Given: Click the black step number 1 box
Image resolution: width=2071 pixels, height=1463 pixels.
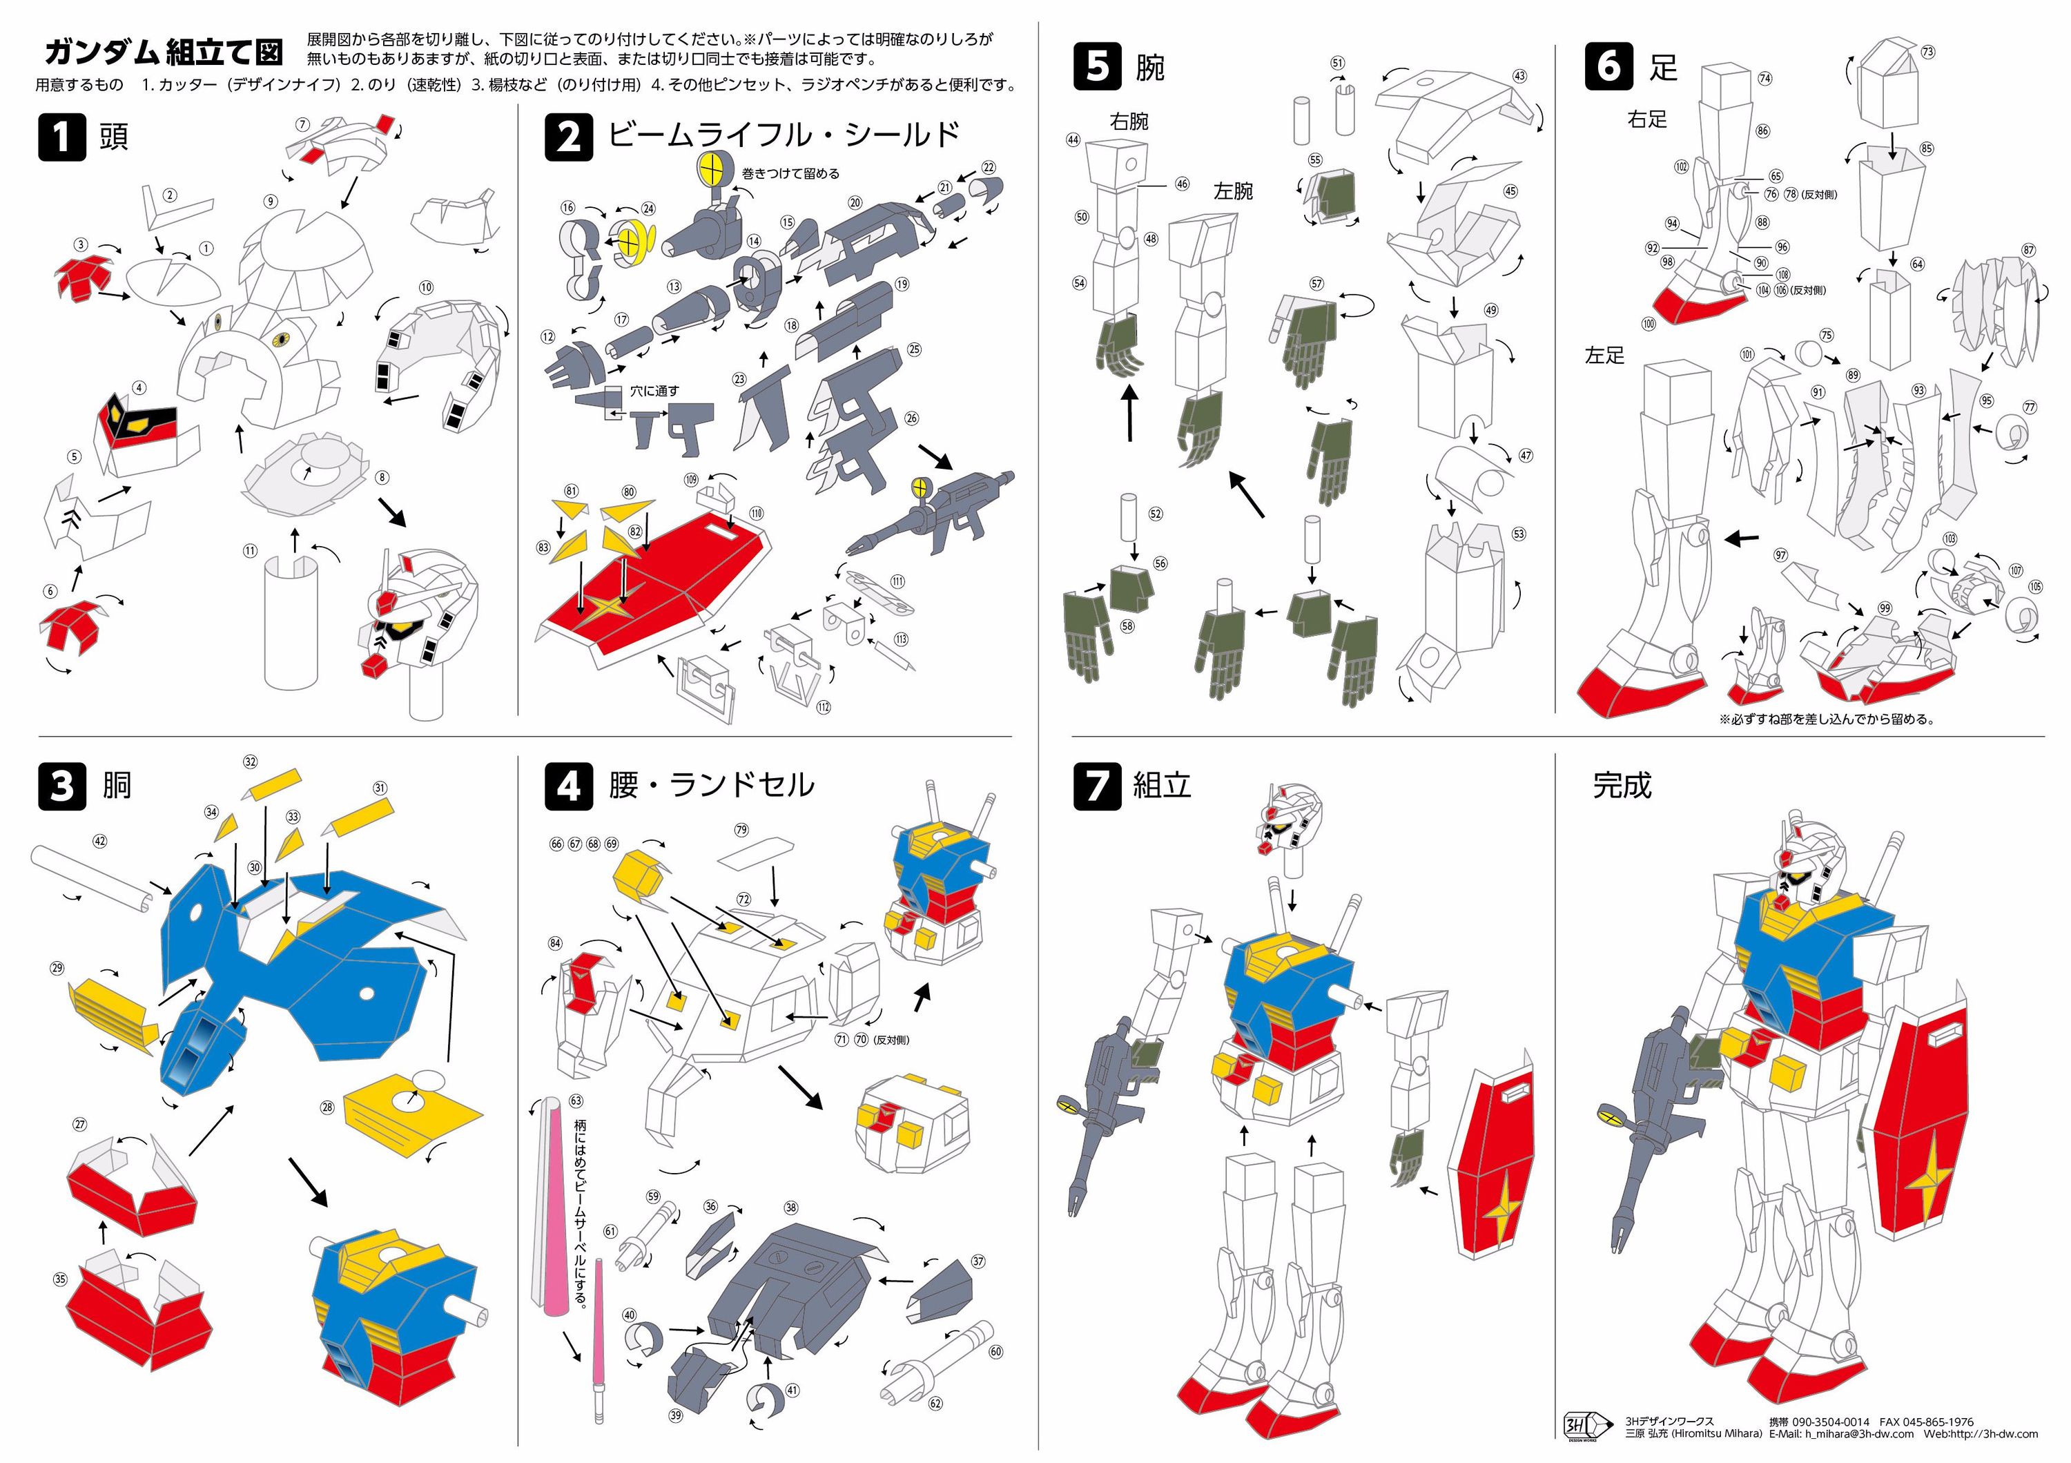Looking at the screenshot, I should [61, 137].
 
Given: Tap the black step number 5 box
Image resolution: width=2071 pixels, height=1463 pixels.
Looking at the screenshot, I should [1097, 66].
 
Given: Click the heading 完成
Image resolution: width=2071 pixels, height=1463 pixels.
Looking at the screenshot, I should [1621, 785].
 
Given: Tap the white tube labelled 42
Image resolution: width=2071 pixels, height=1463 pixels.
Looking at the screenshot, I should [90, 880].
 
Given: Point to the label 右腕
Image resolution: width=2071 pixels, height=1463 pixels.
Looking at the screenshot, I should [1129, 121].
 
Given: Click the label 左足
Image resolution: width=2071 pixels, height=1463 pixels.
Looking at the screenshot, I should [1604, 356].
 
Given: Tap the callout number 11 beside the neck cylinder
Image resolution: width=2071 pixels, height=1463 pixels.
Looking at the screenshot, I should [250, 550].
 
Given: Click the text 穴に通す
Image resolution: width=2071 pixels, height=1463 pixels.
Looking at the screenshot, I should [654, 391].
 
